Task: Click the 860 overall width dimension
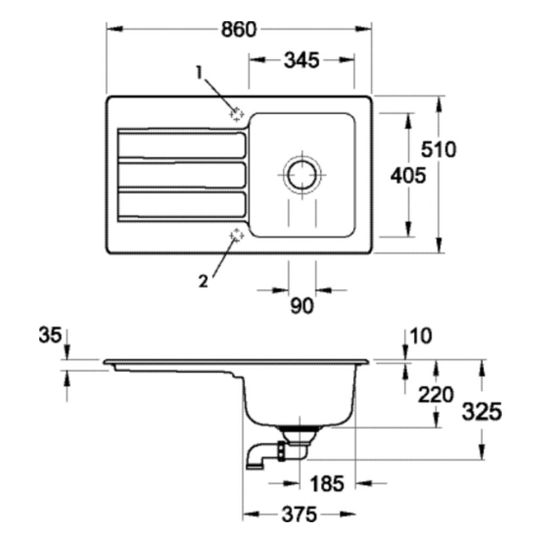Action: tap(239, 30)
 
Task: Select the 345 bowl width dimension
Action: tap(301, 61)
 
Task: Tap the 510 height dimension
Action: tap(438, 150)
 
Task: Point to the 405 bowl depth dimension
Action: tap(407, 175)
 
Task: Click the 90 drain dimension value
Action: tap(302, 306)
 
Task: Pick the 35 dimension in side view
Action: tap(50, 336)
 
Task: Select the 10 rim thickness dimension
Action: tap(422, 336)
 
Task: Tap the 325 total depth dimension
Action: tap(481, 412)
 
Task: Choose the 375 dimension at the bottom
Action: tap(299, 514)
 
